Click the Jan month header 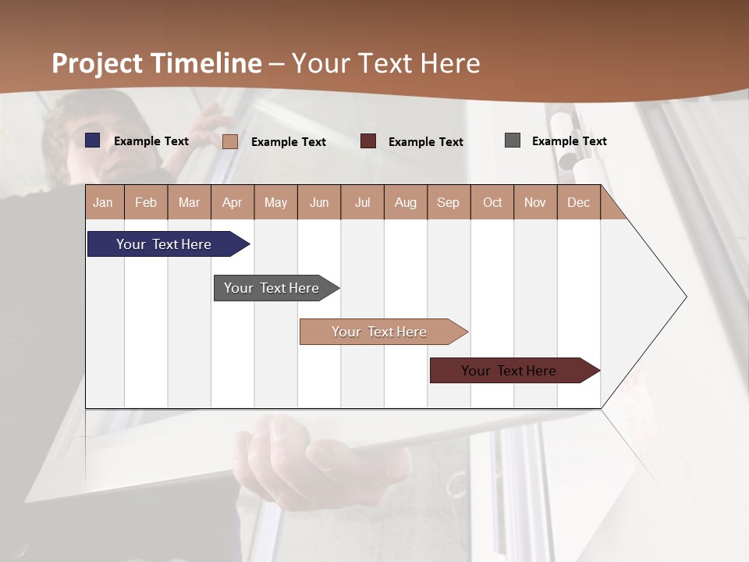104,202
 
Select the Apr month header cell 233,202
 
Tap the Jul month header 362,202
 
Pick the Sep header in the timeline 448,202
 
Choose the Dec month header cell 578,202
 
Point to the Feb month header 146,202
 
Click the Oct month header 492,202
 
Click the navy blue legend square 93,140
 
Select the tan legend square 230,141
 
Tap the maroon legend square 368,141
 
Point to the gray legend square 513,140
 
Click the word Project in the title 97,63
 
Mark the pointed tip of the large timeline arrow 685,297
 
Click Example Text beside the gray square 569,141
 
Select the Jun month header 319,202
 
